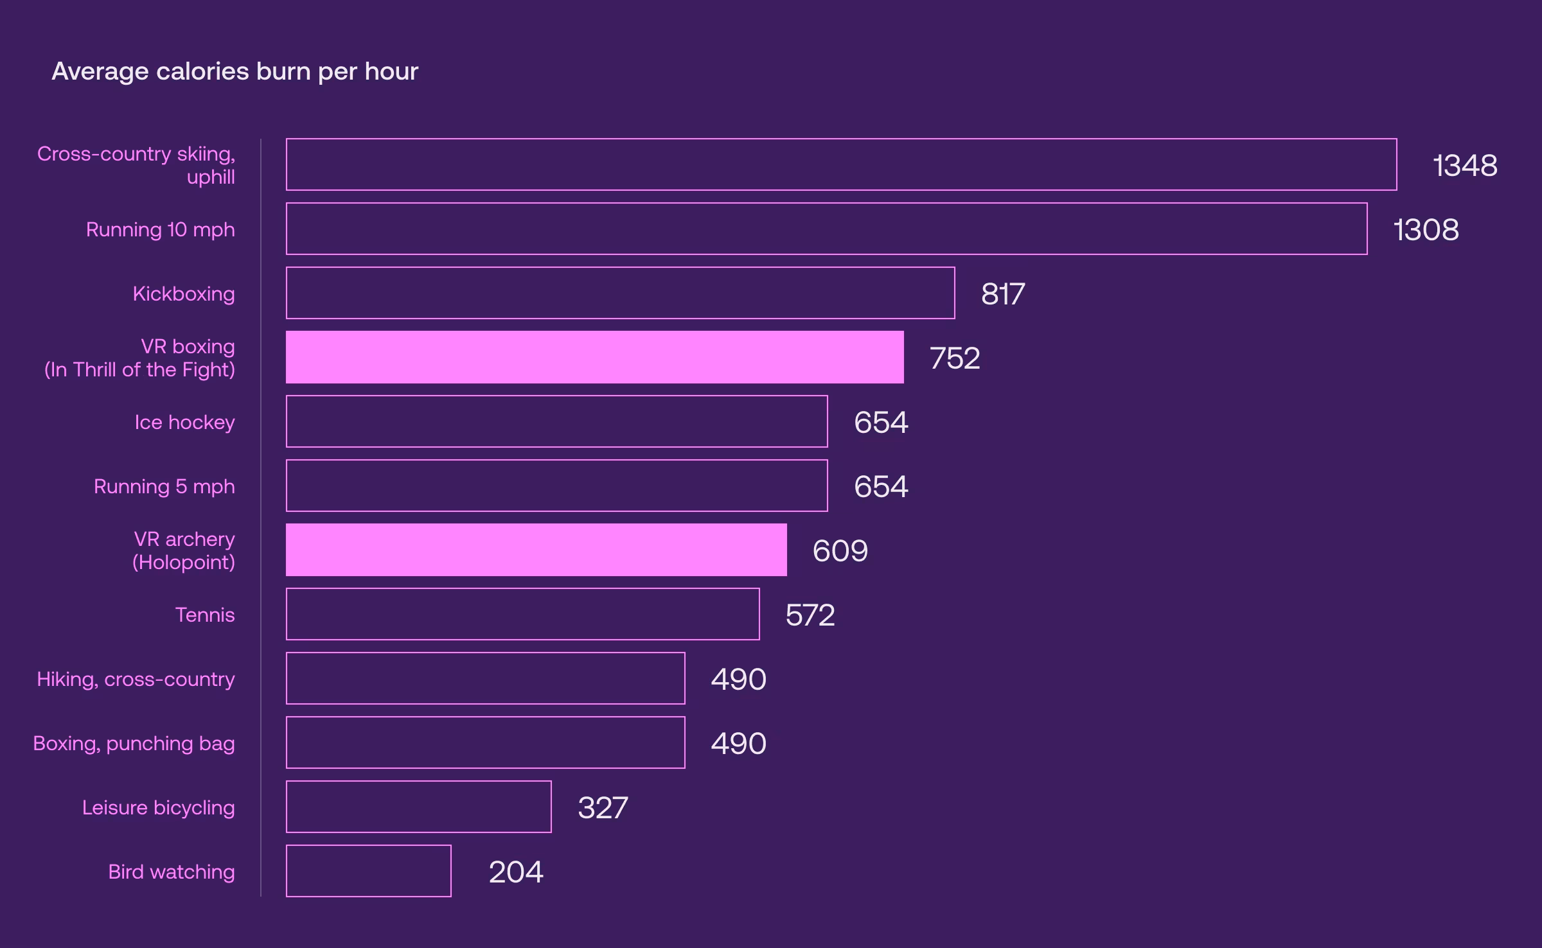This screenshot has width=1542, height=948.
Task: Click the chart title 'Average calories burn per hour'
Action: click(x=235, y=71)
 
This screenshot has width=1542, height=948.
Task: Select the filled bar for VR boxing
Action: click(x=594, y=357)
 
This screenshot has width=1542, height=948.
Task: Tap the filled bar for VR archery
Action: click(x=536, y=550)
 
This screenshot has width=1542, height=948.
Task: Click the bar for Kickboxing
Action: click(x=620, y=293)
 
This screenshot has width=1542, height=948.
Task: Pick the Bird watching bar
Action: click(x=368, y=871)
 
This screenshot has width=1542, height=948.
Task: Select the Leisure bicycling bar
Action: click(x=418, y=807)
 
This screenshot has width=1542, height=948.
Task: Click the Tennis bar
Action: click(x=522, y=614)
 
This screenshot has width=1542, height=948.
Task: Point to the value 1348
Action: click(x=1465, y=166)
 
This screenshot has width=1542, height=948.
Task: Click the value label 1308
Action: click(x=1426, y=230)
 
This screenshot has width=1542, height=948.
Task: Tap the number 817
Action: click(x=1002, y=294)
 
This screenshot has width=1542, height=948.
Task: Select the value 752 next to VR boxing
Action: click(x=955, y=358)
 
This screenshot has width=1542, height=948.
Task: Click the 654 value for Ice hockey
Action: click(x=881, y=423)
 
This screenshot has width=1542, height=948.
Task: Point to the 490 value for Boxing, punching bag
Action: click(x=738, y=744)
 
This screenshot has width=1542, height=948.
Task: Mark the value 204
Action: click(x=516, y=872)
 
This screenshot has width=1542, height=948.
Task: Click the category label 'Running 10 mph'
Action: click(x=161, y=230)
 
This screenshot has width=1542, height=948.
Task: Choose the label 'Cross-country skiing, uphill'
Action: click(x=136, y=165)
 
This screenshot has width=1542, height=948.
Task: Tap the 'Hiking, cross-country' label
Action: click(x=136, y=679)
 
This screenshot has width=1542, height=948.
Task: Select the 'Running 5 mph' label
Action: click(x=164, y=487)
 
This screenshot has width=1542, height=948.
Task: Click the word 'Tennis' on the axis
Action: click(x=205, y=615)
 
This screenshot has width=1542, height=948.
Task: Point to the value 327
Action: click(x=603, y=808)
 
